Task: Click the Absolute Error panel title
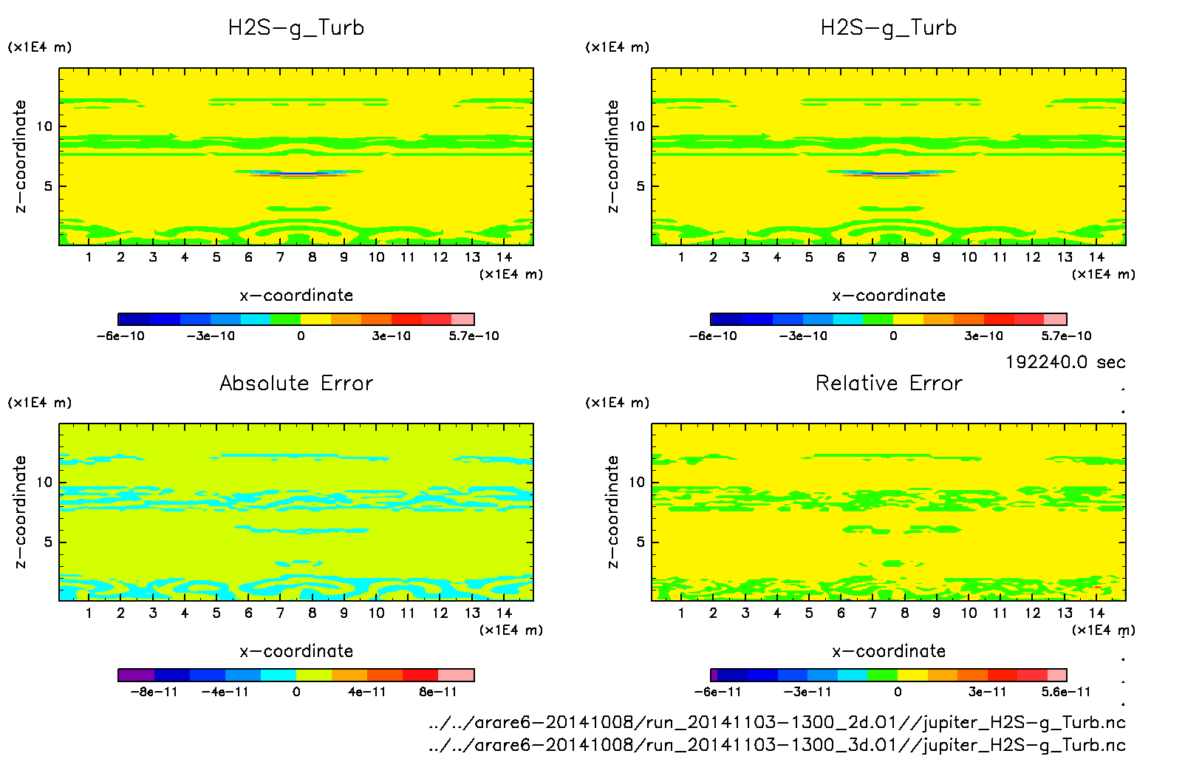(x=296, y=384)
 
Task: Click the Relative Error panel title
(x=889, y=384)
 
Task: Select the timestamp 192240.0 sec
(x=1065, y=362)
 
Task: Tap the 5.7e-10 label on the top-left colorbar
(x=474, y=336)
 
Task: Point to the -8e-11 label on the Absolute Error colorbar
(x=154, y=693)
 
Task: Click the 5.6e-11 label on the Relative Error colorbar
(x=1065, y=693)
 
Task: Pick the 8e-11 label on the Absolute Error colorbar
(x=438, y=693)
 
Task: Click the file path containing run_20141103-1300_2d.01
(x=776, y=723)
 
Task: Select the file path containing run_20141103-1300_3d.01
(x=776, y=745)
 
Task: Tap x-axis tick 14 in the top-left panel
(x=504, y=257)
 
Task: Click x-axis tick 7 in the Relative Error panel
(x=872, y=613)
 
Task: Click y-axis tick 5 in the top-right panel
(x=641, y=186)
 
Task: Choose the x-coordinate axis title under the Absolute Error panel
(x=296, y=651)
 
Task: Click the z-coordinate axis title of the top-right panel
(x=612, y=157)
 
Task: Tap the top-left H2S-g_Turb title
(x=296, y=28)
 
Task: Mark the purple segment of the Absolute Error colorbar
(x=136, y=675)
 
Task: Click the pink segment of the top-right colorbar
(x=1056, y=319)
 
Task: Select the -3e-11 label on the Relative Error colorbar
(x=807, y=693)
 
